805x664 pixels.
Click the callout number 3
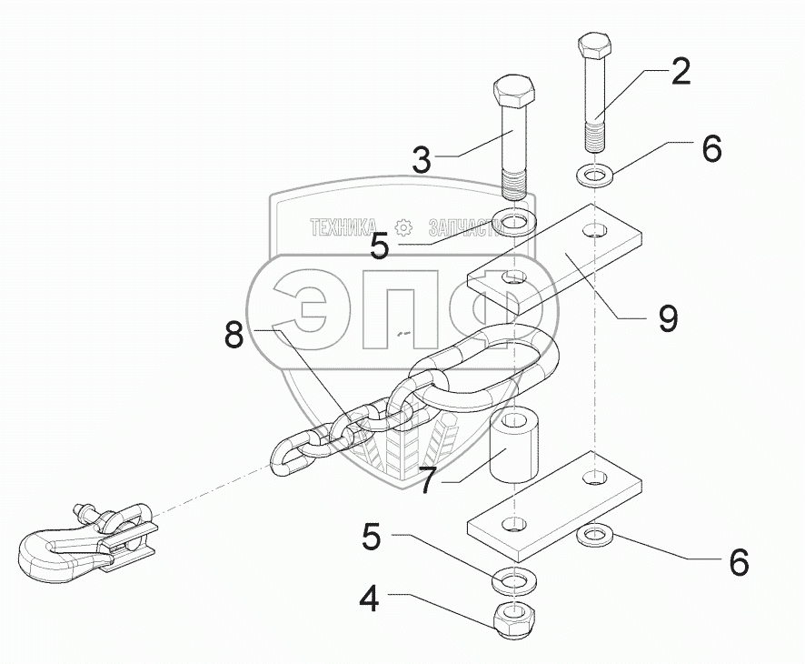tap(421, 160)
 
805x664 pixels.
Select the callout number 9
tap(668, 318)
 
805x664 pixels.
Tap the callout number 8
tap(234, 335)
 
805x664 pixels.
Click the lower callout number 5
tap(371, 537)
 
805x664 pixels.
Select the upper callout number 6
tap(711, 148)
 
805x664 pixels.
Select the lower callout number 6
tap(739, 562)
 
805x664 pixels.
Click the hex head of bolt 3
tap(515, 90)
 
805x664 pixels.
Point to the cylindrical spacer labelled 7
tap(514, 448)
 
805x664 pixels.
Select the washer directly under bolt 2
tap(594, 173)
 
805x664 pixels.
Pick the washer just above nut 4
tap(514, 578)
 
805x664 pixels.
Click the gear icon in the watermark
tap(402, 226)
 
